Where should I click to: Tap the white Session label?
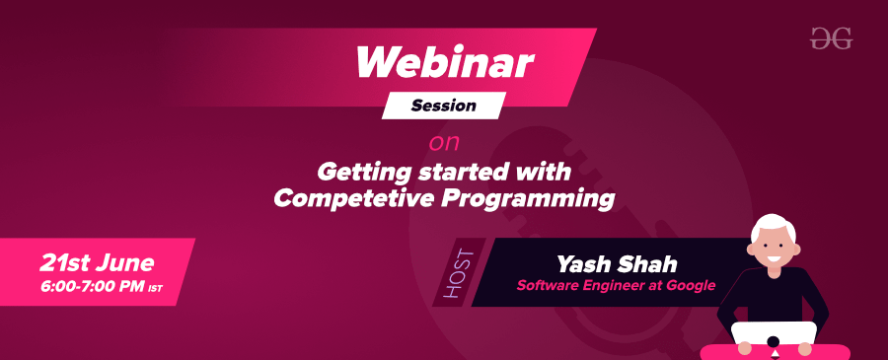(x=444, y=105)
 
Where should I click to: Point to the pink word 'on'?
(x=444, y=141)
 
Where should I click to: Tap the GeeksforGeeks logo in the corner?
(x=830, y=38)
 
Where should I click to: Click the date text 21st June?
(x=97, y=262)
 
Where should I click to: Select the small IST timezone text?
(x=155, y=289)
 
